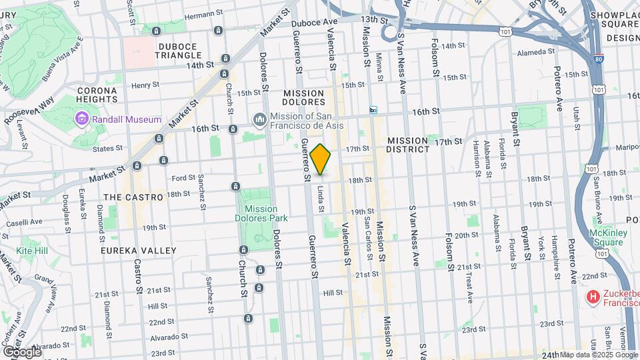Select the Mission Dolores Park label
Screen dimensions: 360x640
coord(256,213)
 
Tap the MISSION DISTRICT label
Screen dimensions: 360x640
coord(409,145)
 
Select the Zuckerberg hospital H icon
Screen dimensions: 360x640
coord(591,295)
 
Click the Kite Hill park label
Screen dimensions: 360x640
coord(33,250)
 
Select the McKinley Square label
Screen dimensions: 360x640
coord(605,237)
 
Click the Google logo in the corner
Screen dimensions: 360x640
coord(22,351)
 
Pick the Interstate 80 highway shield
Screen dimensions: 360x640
coord(598,58)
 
